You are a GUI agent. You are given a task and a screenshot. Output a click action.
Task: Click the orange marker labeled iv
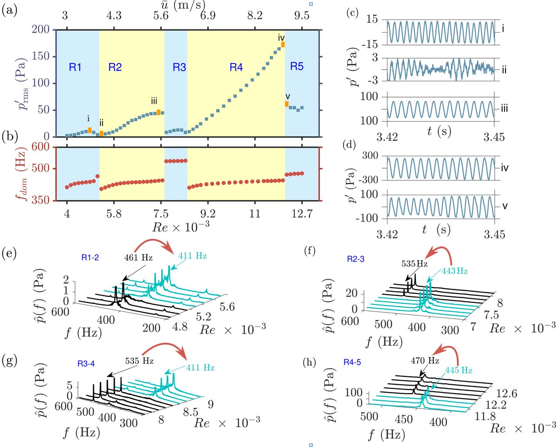[283, 45]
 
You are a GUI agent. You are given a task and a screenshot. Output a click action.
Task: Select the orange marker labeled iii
[159, 112]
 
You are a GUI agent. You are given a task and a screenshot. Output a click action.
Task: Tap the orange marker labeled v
[287, 104]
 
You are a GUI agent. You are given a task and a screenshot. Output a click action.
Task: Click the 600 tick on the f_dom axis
[43, 148]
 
